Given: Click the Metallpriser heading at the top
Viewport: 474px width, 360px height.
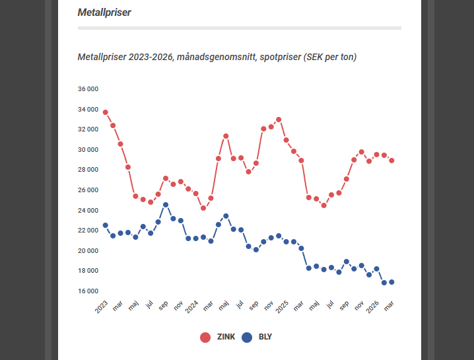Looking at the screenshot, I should click(x=104, y=13).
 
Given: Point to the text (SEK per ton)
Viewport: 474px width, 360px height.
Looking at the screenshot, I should click(x=330, y=57).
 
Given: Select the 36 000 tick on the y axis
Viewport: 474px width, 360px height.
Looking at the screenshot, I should click(x=88, y=89).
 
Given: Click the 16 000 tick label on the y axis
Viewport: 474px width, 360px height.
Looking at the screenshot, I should click(x=88, y=291).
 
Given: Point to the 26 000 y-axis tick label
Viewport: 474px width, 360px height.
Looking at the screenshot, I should click(x=88, y=190).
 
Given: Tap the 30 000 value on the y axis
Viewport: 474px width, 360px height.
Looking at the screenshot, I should click(x=88, y=150).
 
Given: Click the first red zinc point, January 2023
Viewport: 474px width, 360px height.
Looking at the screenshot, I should click(x=106, y=112).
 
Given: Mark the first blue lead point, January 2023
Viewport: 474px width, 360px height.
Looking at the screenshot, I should click(x=106, y=225).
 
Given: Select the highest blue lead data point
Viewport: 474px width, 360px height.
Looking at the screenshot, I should click(x=166, y=205).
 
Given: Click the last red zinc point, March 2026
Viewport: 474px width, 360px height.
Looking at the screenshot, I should click(x=391, y=161).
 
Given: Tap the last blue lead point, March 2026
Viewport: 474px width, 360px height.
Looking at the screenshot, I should click(x=391, y=282).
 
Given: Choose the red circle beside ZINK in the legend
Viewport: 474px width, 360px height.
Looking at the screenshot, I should click(x=205, y=337).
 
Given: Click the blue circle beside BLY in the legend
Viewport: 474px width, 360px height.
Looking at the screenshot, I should click(x=248, y=337).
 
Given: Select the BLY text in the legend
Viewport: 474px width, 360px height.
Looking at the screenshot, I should click(x=265, y=337).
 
